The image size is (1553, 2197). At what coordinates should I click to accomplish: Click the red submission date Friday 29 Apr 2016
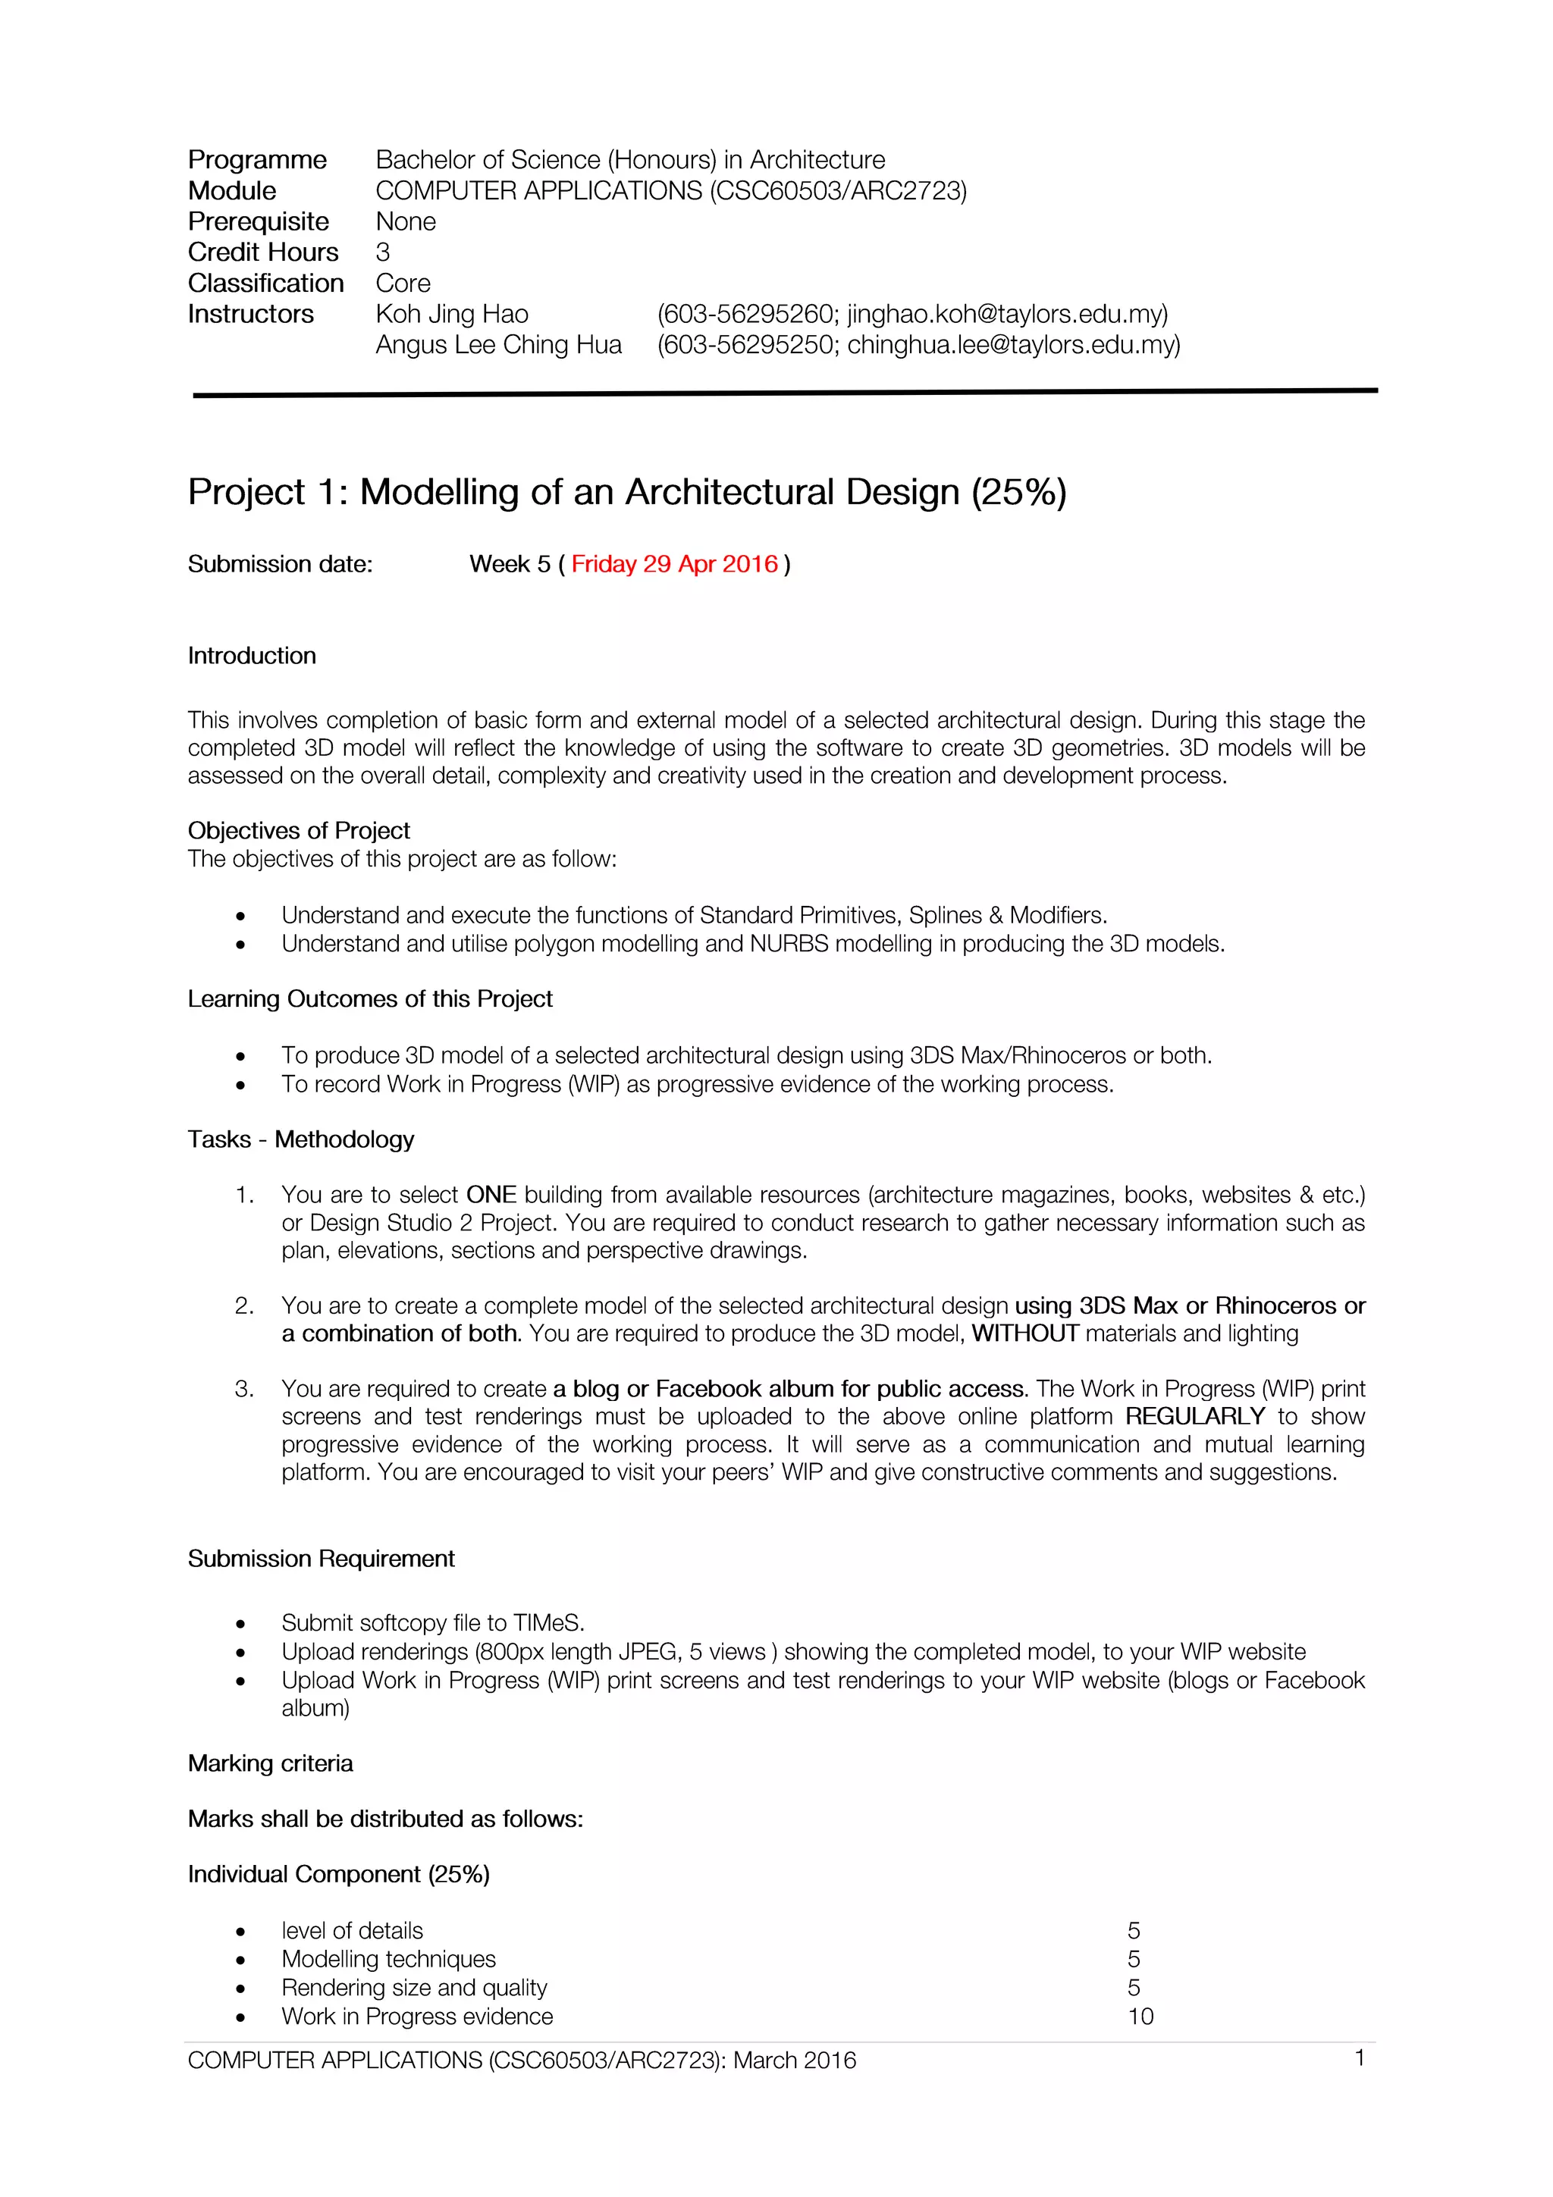tap(675, 565)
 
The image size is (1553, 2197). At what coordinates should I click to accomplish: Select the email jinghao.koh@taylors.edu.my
tap(1006, 314)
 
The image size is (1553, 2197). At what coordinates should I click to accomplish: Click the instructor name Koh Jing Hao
tap(452, 314)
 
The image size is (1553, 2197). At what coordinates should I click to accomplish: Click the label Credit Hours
tap(263, 252)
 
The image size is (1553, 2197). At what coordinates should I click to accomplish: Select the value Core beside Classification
tap(403, 284)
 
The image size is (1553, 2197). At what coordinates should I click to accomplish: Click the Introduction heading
tap(252, 656)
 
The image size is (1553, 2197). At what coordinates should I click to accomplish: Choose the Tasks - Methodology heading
tap(300, 1139)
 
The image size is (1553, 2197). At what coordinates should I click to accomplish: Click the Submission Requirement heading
tap(321, 1558)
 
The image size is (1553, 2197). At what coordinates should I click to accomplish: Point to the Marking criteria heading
tap(270, 1763)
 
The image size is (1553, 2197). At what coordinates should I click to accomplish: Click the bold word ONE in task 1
tap(491, 1194)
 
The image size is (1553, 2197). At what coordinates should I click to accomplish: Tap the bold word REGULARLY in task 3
tap(1194, 1416)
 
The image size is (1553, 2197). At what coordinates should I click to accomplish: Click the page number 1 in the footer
tap(1359, 2058)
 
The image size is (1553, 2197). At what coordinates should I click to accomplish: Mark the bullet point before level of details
tap(241, 1932)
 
